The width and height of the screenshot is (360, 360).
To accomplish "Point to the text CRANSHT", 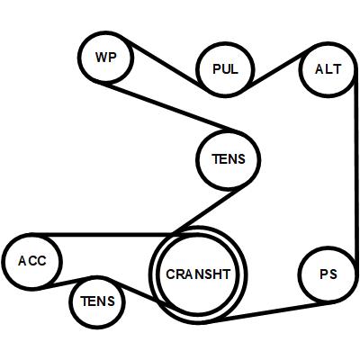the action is point(198,274).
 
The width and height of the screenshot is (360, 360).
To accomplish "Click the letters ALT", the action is point(328,69).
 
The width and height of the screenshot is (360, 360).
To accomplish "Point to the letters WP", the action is point(105,57).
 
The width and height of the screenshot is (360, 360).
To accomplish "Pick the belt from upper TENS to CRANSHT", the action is point(209,210).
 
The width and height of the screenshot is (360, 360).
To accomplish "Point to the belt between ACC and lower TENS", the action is point(67,283).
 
